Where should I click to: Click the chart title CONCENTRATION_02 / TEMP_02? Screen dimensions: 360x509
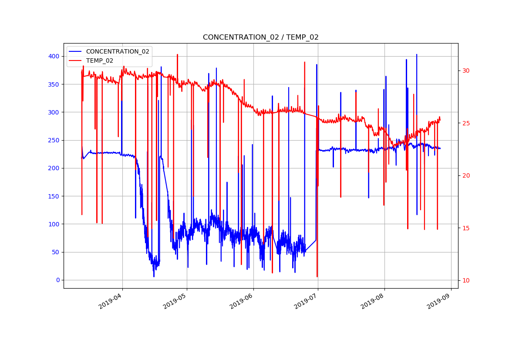pos(260,37)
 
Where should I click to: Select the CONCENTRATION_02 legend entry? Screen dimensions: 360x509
pos(118,51)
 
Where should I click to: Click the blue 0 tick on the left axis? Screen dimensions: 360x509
pos(57,280)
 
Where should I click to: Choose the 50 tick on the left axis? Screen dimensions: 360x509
pos(55,252)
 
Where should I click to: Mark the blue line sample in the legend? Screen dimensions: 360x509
pos(76,51)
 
